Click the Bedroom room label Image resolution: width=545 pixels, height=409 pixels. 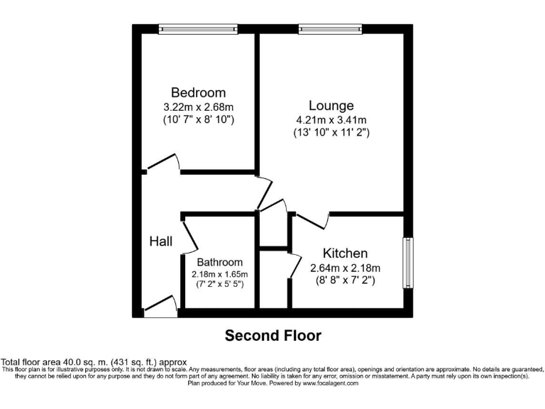pos(198,93)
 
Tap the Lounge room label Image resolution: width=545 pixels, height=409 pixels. pos(331,107)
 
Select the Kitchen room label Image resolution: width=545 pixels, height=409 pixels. pos(345,253)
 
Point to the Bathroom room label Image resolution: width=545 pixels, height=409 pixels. pos(220,262)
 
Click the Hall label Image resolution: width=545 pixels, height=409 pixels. pos(161,241)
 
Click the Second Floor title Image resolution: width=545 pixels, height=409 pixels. pos(273,335)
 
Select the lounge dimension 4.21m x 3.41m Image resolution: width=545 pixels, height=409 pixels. pos(331,119)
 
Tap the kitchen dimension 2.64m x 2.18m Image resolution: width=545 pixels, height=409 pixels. pos(346,268)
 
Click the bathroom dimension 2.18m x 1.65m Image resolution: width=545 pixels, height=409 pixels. pos(220,274)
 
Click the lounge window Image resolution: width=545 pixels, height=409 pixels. pos(330,29)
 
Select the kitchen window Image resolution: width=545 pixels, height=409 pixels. pos(408,262)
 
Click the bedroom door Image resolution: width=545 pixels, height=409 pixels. pos(163,163)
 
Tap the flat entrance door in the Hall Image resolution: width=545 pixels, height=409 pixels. pos(160,306)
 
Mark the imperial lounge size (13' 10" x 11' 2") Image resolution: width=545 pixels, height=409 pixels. pos(331,132)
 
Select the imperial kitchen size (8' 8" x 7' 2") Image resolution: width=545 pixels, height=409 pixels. pos(346,280)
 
